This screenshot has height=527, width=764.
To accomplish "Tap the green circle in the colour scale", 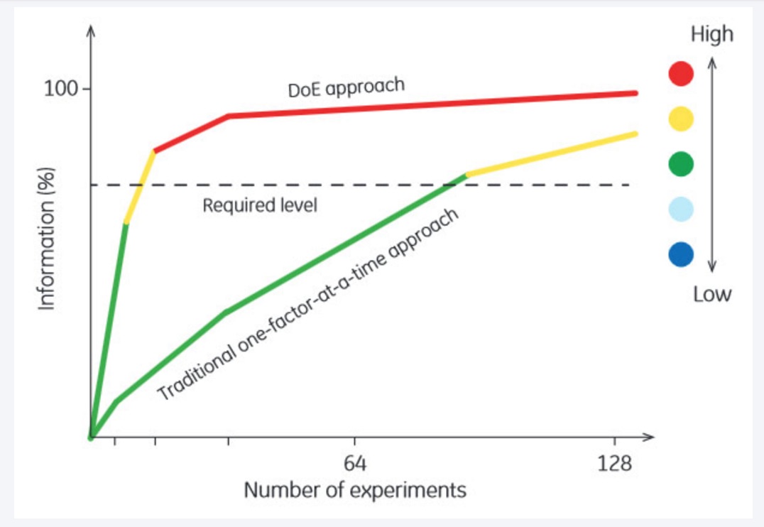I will (x=681, y=164).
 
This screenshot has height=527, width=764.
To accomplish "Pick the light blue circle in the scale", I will (x=681, y=209).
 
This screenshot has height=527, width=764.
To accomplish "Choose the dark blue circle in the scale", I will (x=681, y=254).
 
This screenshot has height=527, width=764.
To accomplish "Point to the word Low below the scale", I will (x=712, y=294).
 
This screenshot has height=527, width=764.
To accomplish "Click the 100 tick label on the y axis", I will (x=62, y=89).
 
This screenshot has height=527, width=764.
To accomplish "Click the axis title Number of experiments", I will (x=355, y=491).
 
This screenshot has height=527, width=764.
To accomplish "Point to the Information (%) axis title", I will (x=47, y=242).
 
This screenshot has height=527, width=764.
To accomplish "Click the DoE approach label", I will (x=346, y=88).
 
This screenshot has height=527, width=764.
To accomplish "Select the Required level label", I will (x=259, y=206).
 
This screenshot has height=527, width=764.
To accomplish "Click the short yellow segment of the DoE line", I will (x=140, y=187).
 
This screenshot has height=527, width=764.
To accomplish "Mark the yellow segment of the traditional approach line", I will (x=551, y=153).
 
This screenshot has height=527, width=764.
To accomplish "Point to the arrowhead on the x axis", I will (x=648, y=436).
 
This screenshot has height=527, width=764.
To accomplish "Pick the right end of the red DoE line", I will (x=634, y=93).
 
